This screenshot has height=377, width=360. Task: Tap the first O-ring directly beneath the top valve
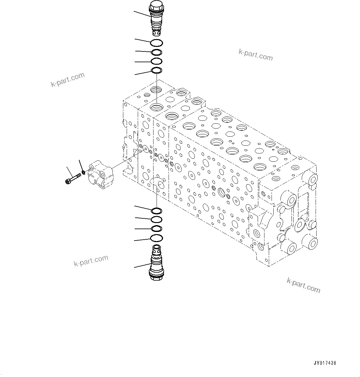coord(157,43)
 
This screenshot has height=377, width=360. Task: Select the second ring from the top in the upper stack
coord(157,52)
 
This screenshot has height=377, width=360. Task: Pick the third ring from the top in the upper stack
coord(157,61)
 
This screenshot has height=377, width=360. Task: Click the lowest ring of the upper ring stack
coord(157,71)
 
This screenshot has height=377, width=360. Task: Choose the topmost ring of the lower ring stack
coord(157,211)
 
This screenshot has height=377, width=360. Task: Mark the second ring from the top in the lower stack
coord(157,220)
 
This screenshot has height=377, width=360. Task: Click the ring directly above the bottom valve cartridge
coord(157,238)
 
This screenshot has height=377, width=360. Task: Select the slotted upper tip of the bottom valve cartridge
coord(156,248)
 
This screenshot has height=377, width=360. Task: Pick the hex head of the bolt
coord(68,181)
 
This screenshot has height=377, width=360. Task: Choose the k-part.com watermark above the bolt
coord(67,80)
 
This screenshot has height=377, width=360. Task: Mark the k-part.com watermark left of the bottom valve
coord(91,261)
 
